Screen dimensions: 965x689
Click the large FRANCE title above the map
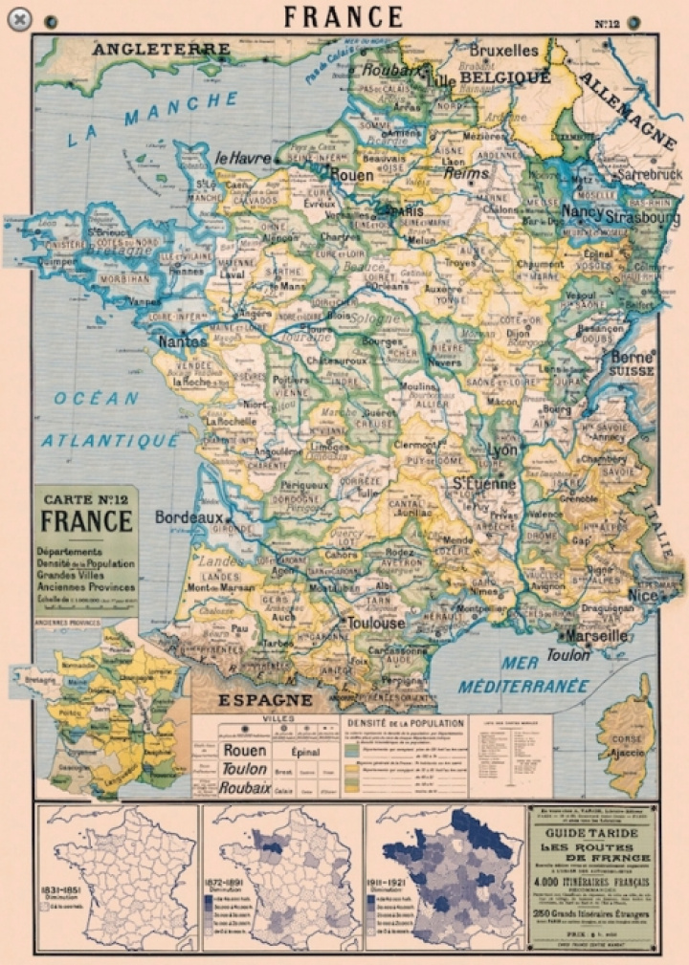[x=344, y=16]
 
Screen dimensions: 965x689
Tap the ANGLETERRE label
[x=162, y=49]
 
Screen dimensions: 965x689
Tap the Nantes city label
[x=183, y=340]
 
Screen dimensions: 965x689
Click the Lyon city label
[x=501, y=450]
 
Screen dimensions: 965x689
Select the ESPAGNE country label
[x=266, y=700]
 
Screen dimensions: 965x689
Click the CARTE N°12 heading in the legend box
[x=86, y=498]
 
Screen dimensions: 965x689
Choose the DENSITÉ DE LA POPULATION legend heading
[x=406, y=724]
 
